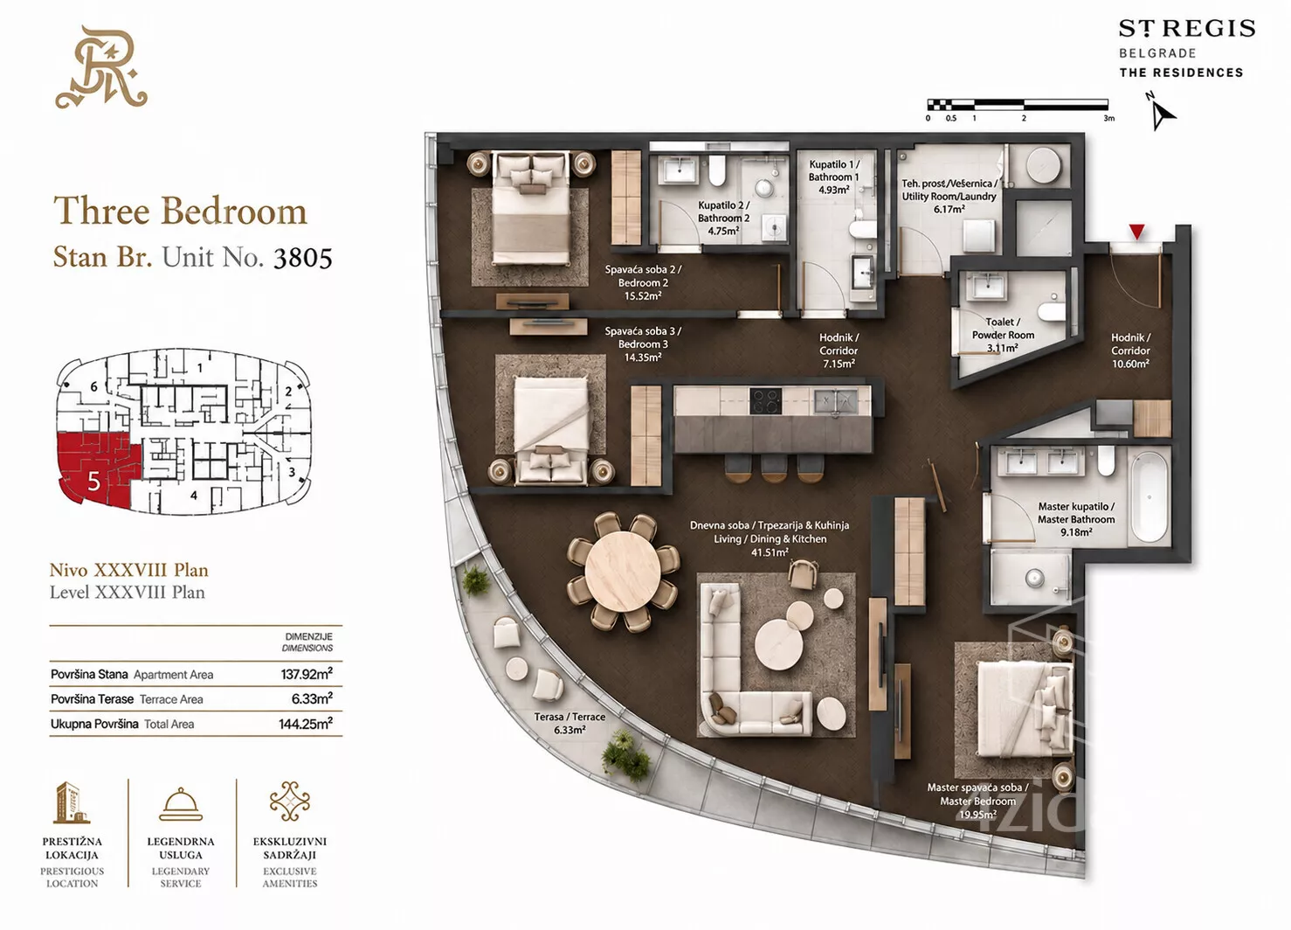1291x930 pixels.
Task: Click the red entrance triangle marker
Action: (1136, 232)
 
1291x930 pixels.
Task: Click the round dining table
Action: (623, 571)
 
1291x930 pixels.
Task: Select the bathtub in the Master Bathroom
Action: (1149, 496)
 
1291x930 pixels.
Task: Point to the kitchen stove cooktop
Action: (765, 400)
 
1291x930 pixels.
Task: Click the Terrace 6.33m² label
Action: (570, 723)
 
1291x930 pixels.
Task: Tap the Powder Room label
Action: (1003, 335)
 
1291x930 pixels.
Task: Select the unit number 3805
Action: (302, 259)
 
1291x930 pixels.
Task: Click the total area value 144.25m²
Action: (306, 724)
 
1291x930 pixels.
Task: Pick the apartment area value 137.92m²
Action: (307, 674)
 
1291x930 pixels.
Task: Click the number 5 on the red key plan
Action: (94, 482)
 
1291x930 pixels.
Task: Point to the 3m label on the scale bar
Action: (1108, 118)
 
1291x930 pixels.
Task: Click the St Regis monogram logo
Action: (101, 67)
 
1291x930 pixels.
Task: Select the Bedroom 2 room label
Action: (643, 282)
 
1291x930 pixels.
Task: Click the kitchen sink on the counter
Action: (835, 400)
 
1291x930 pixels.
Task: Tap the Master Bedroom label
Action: (977, 801)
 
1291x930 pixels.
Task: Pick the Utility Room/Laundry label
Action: (949, 196)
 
